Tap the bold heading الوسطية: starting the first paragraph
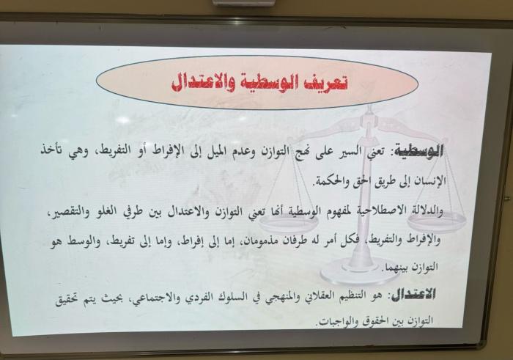point(418,150)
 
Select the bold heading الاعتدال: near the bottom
point(412,295)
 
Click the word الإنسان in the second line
point(430,180)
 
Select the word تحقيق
point(67,300)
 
